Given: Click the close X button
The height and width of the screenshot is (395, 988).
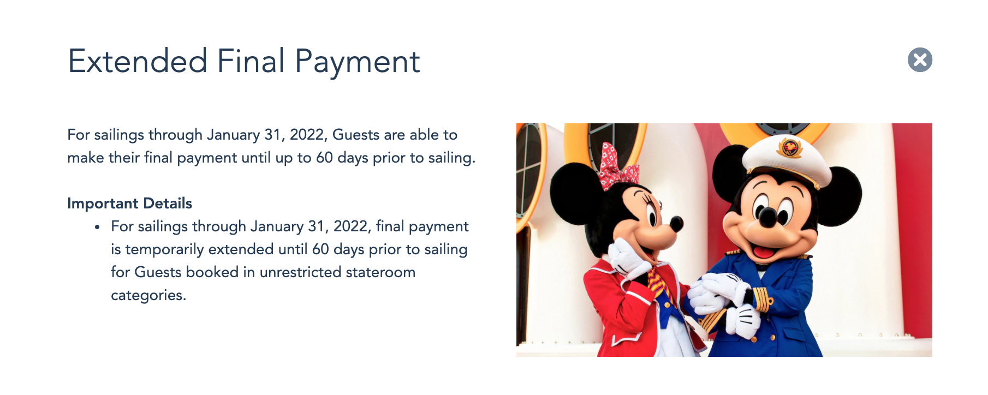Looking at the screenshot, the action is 920,60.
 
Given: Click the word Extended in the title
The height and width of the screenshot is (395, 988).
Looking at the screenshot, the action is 138,61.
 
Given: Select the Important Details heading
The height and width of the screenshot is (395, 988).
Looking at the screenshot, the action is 129,204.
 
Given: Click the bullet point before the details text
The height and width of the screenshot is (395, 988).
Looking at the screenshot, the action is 97,227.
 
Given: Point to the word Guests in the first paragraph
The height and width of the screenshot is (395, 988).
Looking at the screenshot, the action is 356,135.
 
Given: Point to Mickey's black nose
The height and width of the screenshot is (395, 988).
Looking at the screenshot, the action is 767,217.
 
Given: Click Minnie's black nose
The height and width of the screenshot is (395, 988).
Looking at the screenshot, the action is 676,223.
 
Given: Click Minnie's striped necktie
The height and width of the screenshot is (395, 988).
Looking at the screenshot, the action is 657,283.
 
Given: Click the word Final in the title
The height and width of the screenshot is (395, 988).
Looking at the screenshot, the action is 251,61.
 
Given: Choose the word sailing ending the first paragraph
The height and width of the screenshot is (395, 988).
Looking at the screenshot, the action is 451,158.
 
